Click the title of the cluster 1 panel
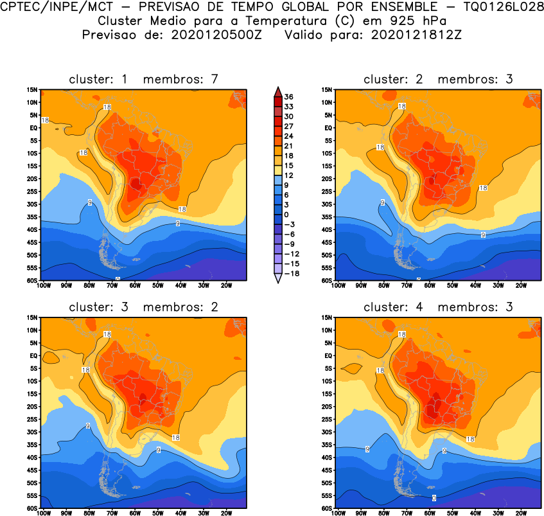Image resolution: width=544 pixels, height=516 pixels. pyautogui.click(x=144, y=79)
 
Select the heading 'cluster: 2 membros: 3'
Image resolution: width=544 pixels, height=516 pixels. pyautogui.click(x=438, y=79)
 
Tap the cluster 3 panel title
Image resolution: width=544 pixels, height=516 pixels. pyautogui.click(x=144, y=307)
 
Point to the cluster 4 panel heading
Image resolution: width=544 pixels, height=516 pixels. pyautogui.click(x=438, y=307)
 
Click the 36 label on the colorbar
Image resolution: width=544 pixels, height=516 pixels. pyautogui.click(x=289, y=96)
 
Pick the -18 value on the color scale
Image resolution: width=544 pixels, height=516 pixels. pyautogui.click(x=289, y=273)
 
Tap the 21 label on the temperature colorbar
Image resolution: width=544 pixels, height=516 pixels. pyautogui.click(x=289, y=145)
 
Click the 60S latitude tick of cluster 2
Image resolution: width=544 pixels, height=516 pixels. pyautogui.click(x=326, y=280)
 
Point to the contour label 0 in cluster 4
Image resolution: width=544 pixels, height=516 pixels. pyautogui.click(x=434, y=498)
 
